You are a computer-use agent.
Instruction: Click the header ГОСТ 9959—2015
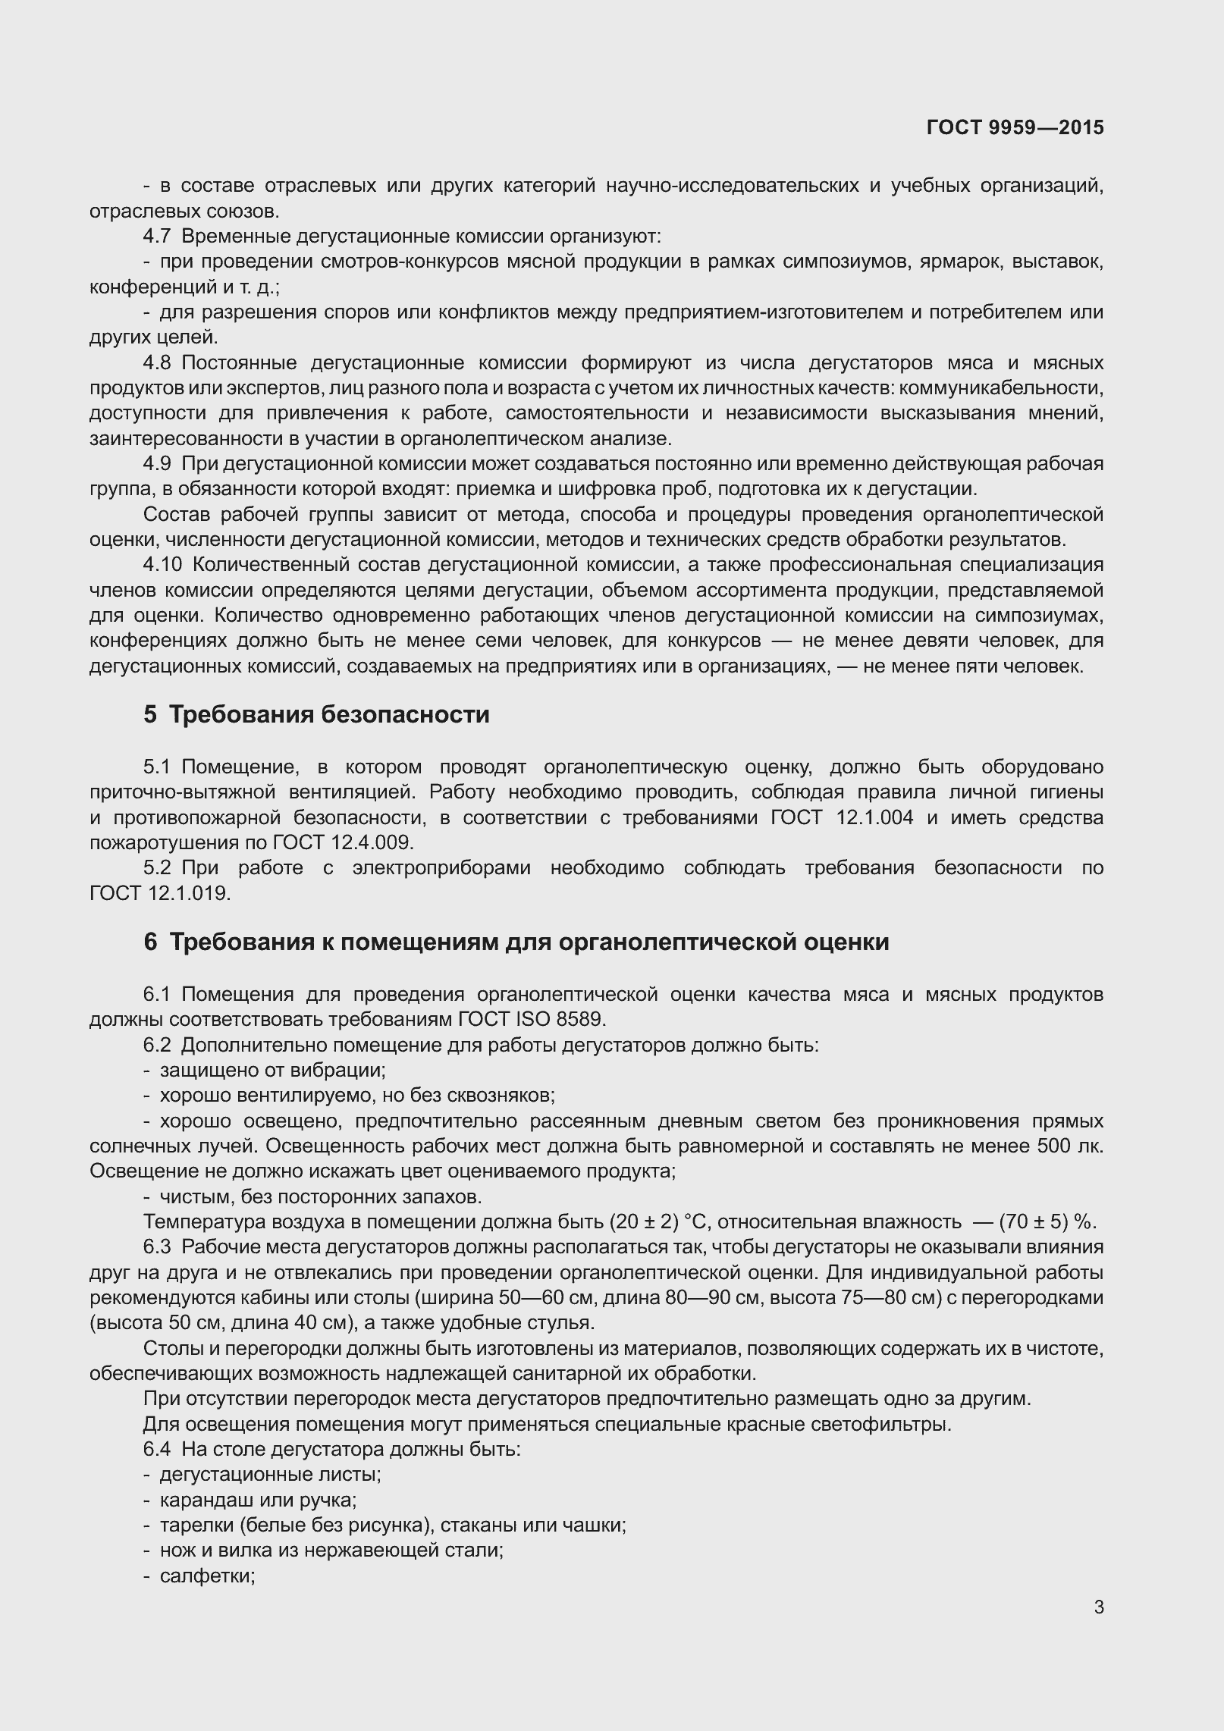point(1015,128)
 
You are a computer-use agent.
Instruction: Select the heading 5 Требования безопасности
point(316,714)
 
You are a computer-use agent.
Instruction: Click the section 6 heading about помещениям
point(516,942)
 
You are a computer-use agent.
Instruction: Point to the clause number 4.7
point(156,237)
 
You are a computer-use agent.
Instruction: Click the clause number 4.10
point(162,565)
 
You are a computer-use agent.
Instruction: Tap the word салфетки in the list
point(206,1576)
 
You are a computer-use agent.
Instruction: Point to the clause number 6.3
point(156,1247)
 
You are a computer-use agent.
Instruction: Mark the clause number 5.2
point(156,868)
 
